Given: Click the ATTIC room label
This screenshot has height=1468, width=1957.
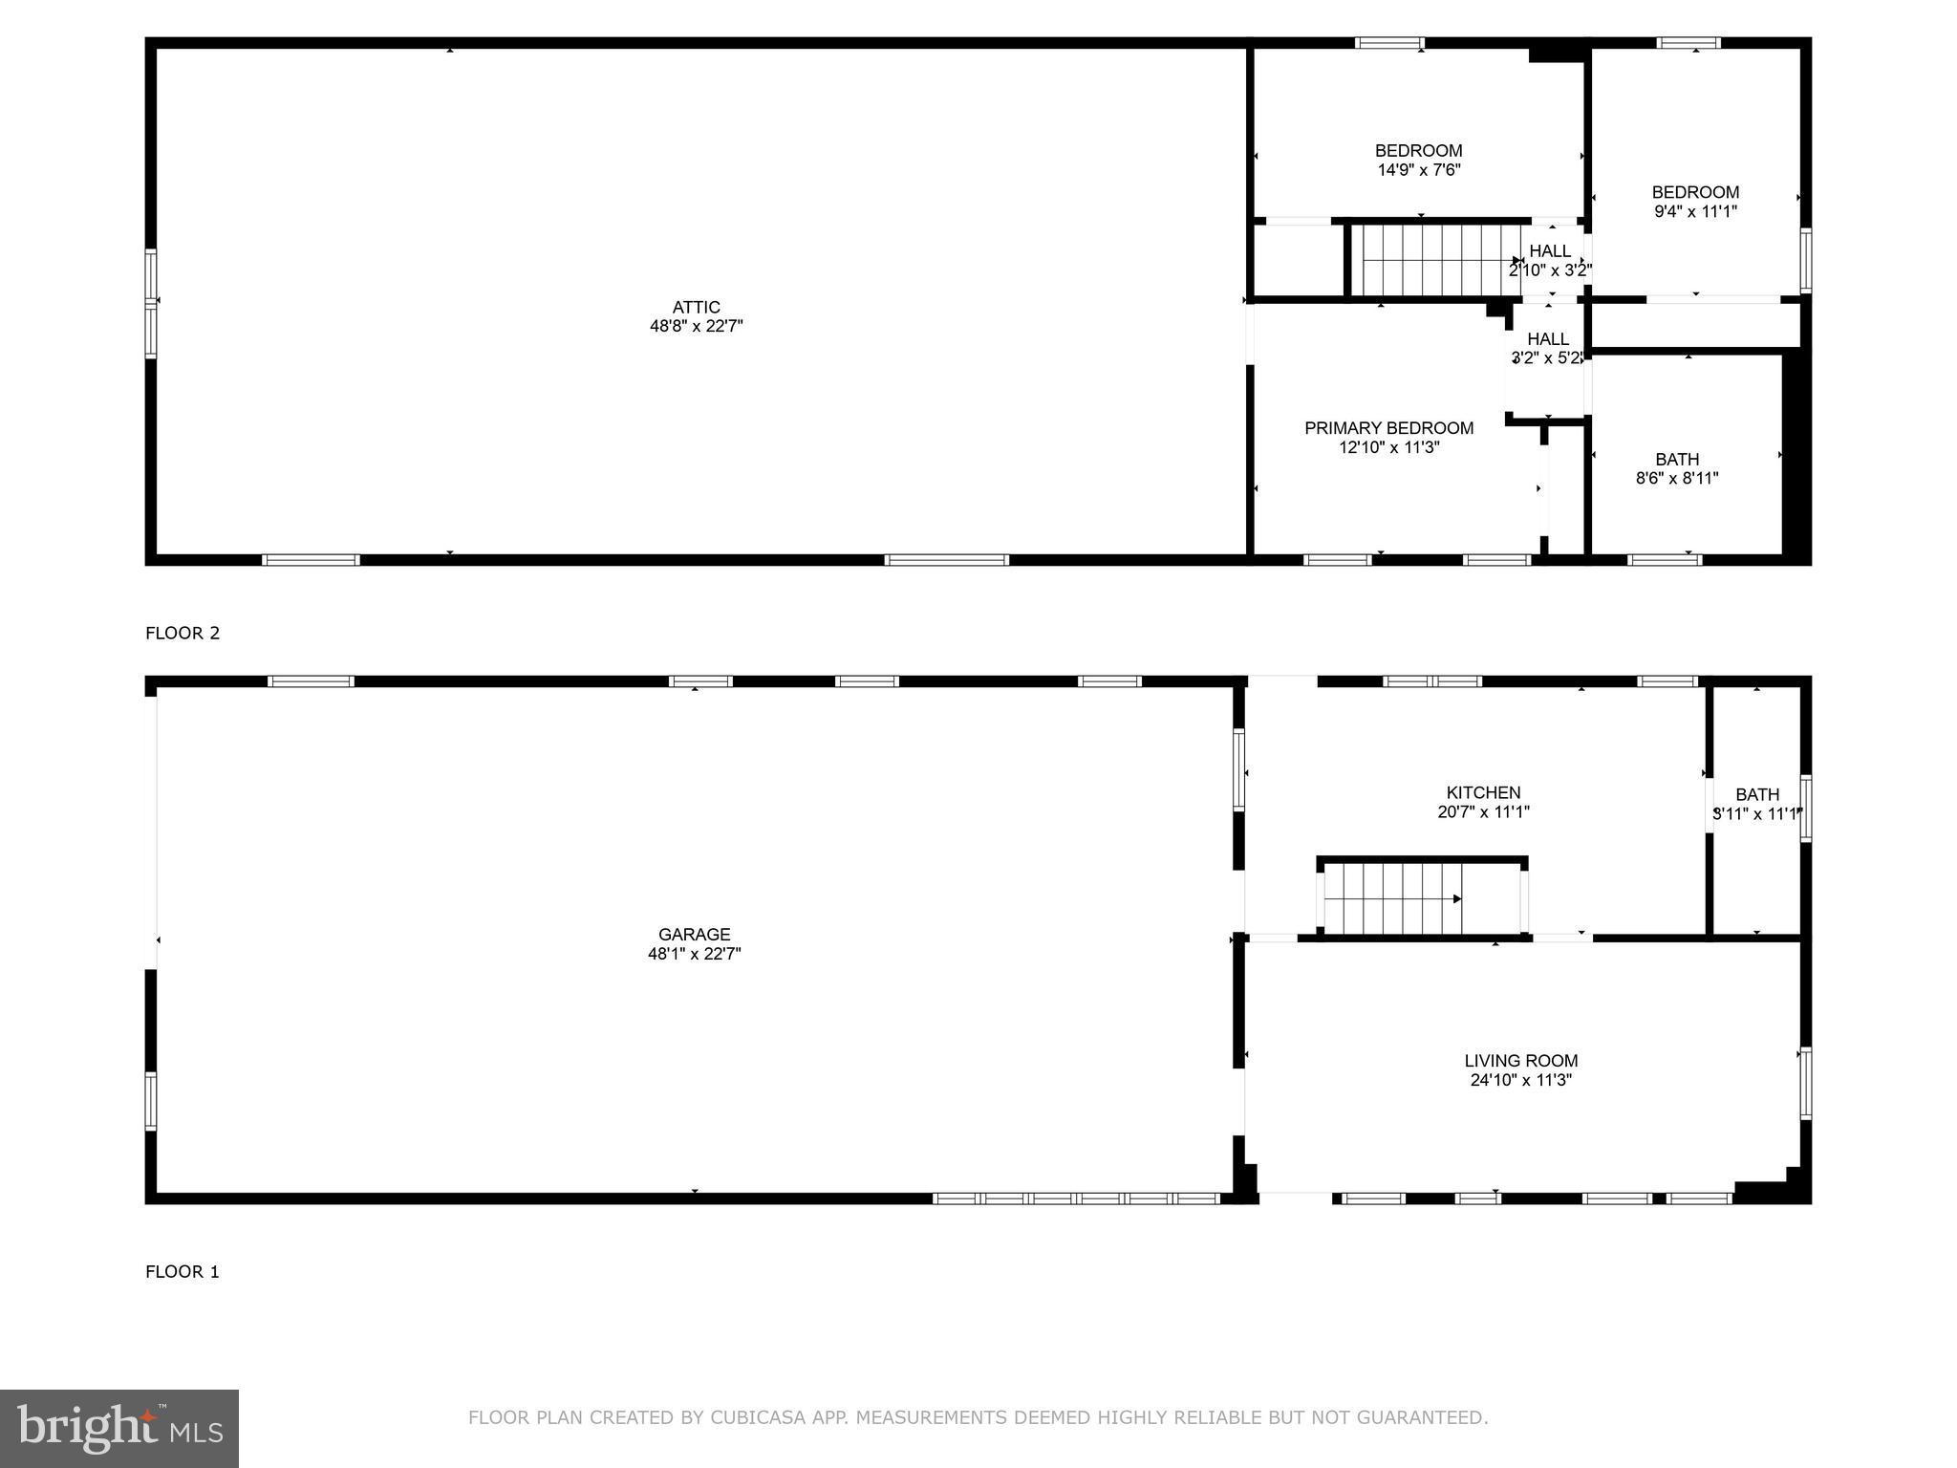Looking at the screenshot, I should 696,307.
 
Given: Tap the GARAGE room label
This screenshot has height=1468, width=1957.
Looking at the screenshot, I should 695,935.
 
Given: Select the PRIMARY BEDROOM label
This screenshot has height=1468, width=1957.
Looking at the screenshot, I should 1388,428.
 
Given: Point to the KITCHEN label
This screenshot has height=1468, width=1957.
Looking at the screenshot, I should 1483,793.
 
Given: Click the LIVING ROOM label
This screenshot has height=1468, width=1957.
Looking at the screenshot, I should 1520,1061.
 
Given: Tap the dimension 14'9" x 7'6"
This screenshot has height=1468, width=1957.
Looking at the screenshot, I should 1418,170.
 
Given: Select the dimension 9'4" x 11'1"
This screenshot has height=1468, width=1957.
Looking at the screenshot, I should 1695,212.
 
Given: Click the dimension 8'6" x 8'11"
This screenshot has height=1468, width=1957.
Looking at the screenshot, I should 1677,478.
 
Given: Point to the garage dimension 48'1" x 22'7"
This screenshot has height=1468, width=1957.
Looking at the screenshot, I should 695,954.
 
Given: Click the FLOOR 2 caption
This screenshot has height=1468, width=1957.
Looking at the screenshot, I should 183,633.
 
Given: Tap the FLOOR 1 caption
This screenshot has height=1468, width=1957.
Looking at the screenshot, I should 183,1271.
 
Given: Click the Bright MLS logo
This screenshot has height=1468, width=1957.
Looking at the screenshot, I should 119,1428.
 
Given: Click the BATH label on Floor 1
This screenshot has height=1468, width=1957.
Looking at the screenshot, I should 1757,795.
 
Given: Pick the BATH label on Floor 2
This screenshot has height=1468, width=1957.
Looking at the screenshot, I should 1677,460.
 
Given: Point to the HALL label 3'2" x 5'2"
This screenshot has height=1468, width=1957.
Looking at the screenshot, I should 1547,339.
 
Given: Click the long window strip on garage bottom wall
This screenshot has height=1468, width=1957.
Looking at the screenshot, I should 1076,1198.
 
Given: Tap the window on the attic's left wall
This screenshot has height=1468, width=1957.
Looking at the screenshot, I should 151,304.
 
